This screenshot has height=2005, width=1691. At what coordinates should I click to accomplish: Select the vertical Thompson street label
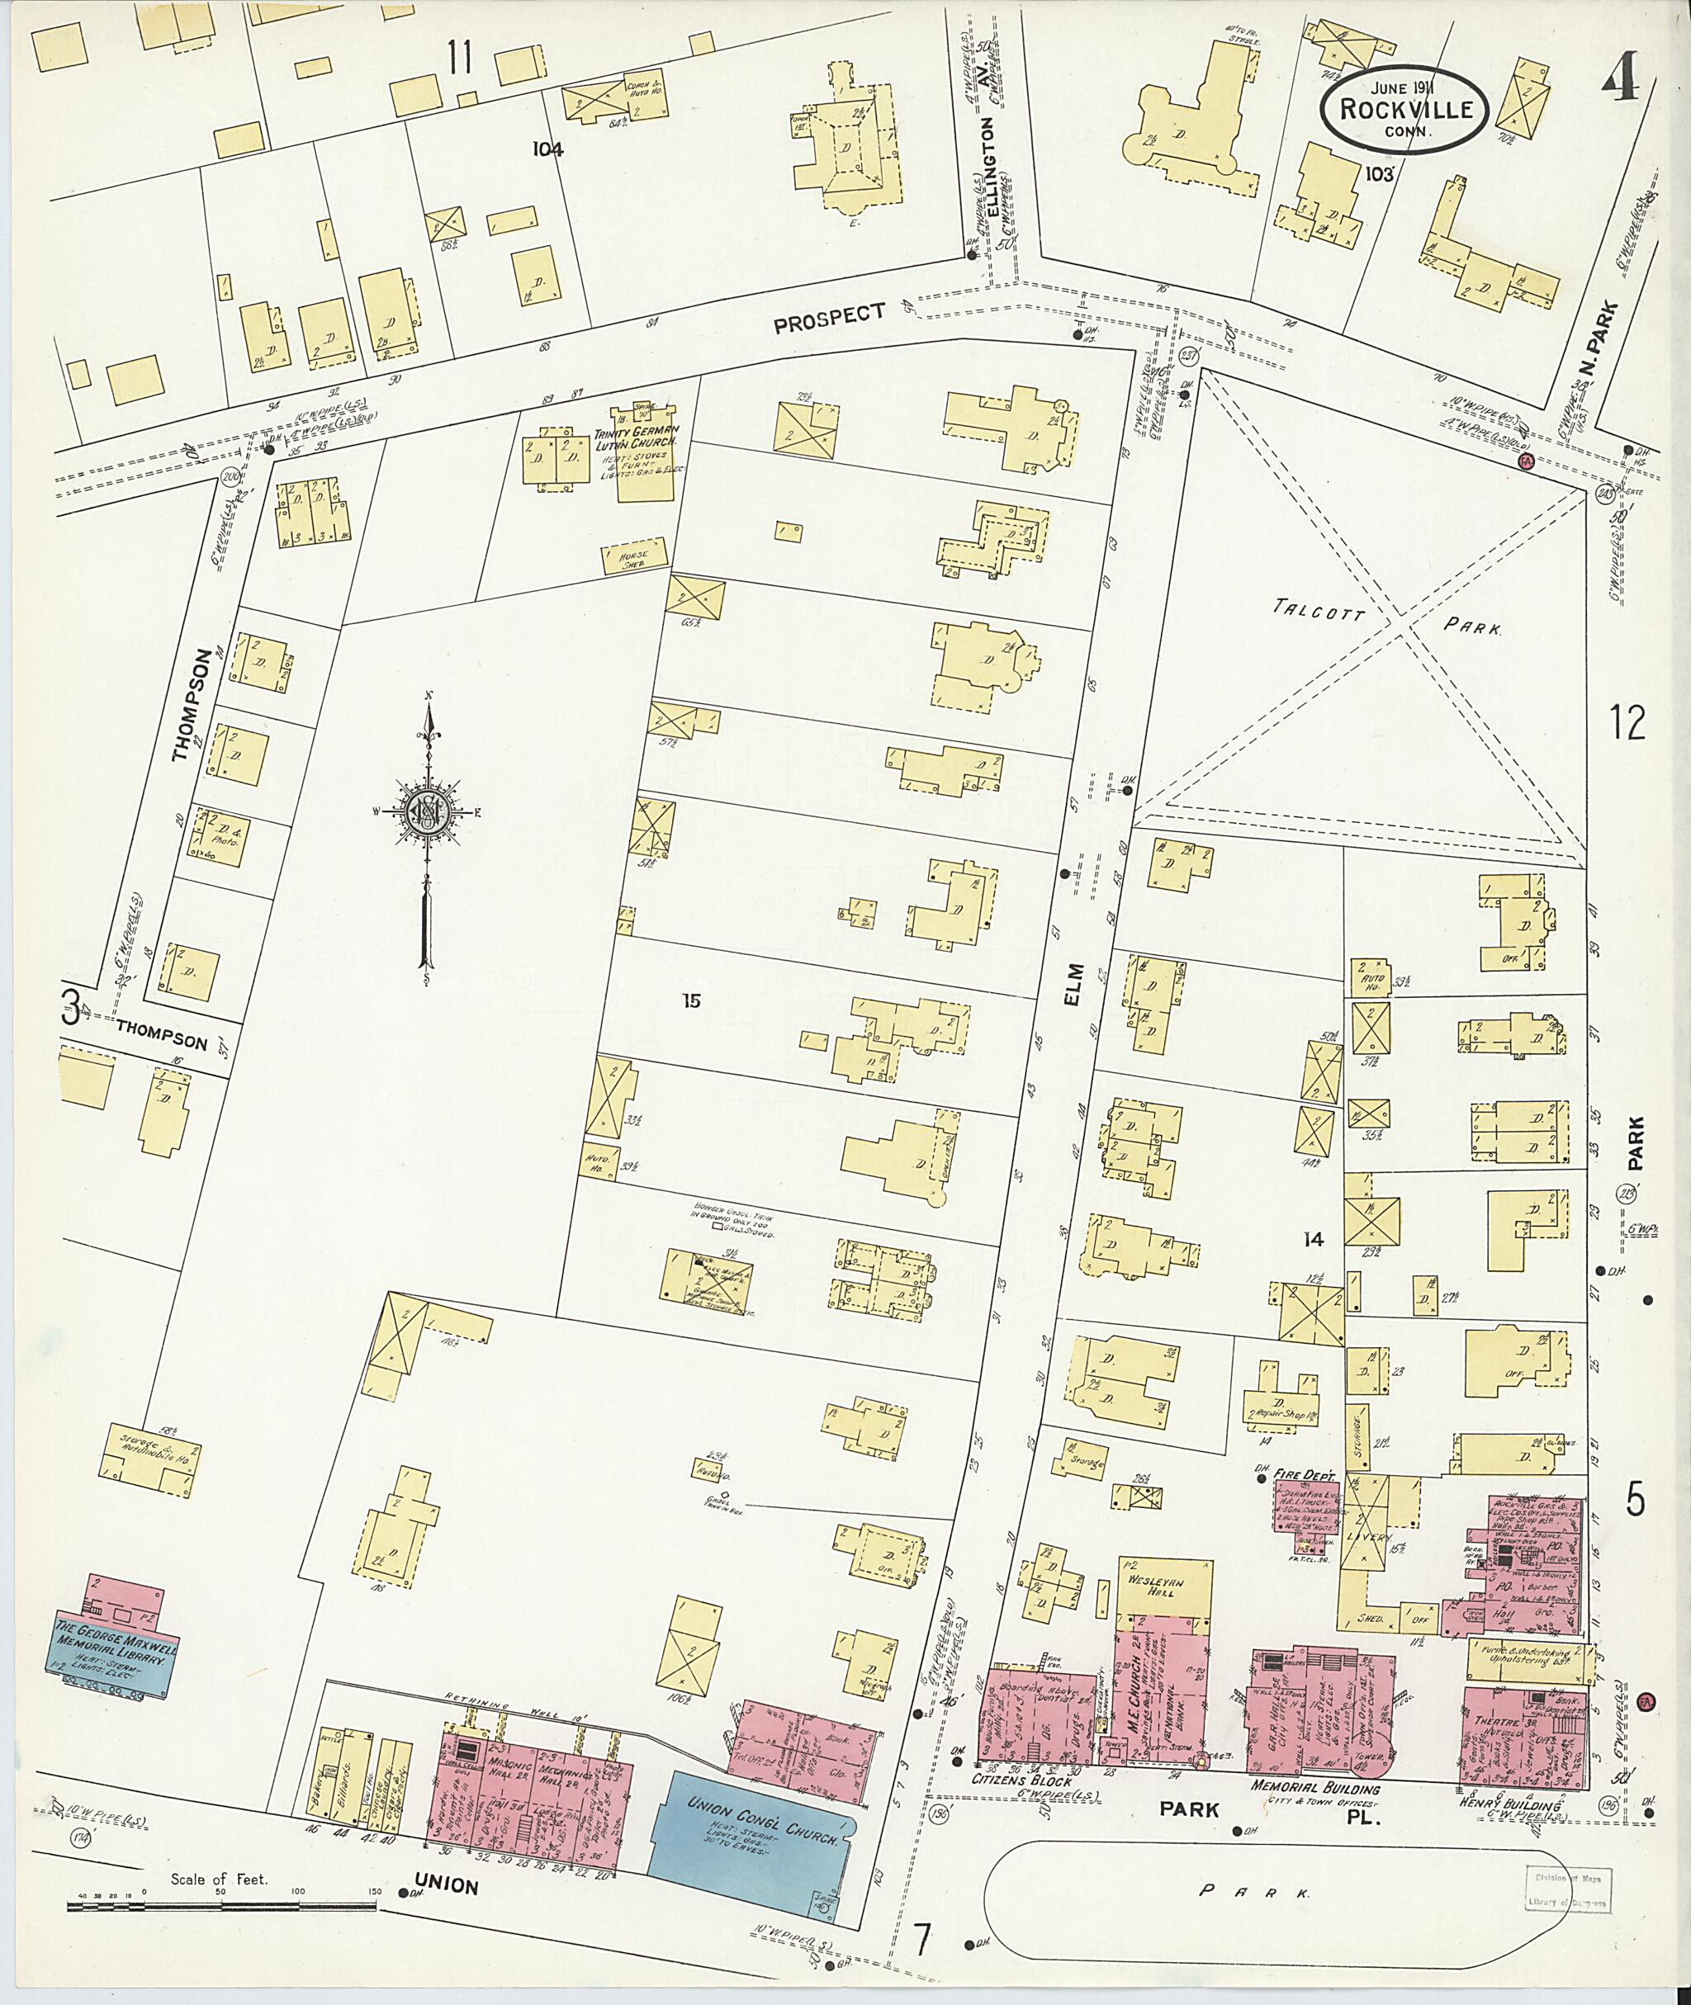[191, 707]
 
